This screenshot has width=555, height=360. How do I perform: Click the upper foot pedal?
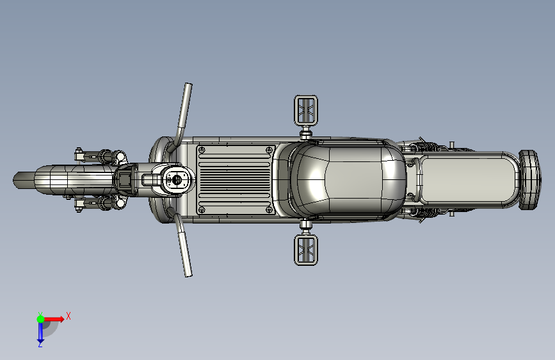(306, 110)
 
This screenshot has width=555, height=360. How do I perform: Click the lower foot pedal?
(306, 250)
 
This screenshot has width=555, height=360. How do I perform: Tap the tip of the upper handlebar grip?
(188, 85)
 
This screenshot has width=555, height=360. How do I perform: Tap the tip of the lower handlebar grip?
(188, 275)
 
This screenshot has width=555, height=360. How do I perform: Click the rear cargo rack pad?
(468, 180)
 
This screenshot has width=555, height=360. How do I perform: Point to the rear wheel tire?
(529, 179)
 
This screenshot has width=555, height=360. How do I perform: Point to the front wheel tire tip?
(14, 180)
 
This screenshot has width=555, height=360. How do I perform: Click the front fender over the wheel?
(74, 180)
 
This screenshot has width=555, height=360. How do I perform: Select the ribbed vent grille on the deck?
(235, 180)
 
